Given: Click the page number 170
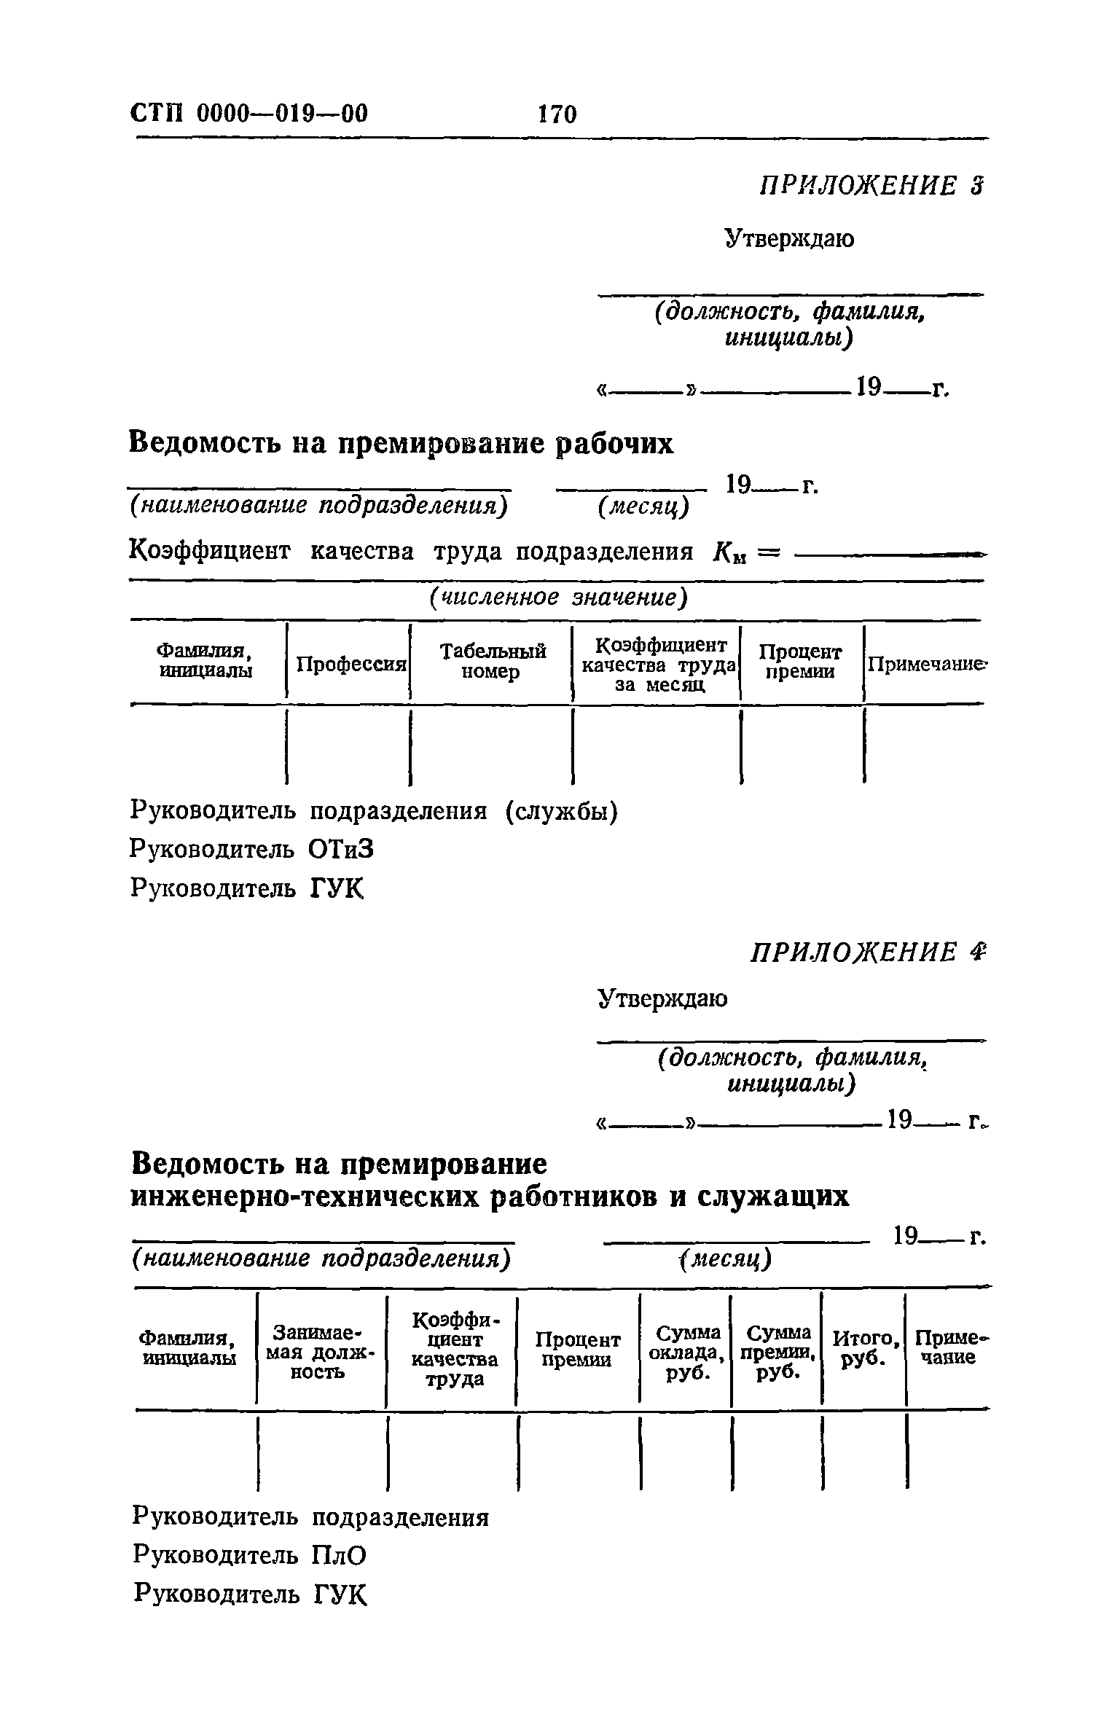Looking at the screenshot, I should point(557,114).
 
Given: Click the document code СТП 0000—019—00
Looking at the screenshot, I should point(249,114).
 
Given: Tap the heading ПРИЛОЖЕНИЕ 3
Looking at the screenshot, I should point(871,186).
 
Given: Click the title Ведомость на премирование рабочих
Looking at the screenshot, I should point(401,443).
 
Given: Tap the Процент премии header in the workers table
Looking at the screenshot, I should point(800,661).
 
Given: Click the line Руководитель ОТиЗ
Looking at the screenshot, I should point(252,849).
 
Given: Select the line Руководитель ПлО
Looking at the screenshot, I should point(249,1556).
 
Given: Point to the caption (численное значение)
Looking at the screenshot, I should point(558,598).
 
